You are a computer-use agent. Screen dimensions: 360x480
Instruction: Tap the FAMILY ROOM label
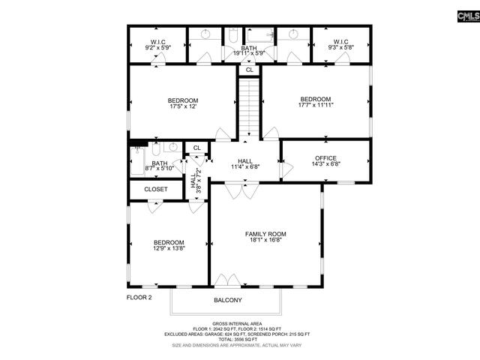pyautogui.click(x=265, y=234)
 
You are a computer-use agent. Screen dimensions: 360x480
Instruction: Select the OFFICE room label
pyautogui.click(x=325, y=158)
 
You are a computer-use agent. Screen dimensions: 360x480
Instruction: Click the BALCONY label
pyautogui.click(x=228, y=300)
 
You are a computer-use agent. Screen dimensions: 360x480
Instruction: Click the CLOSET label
pyautogui.click(x=156, y=190)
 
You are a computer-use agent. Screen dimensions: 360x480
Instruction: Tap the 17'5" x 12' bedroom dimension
pyautogui.click(x=182, y=107)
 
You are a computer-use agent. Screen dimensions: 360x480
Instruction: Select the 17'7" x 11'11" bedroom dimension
pyautogui.click(x=316, y=106)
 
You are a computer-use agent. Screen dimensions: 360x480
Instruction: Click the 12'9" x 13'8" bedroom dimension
pyautogui.click(x=169, y=249)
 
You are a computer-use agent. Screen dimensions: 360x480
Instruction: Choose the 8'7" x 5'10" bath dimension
pyautogui.click(x=160, y=169)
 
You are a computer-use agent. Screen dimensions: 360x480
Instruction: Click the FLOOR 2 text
pyautogui.click(x=139, y=298)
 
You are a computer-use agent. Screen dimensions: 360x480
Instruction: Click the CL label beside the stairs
pyautogui.click(x=249, y=70)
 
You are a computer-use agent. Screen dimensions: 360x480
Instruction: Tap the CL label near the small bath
pyautogui.click(x=196, y=148)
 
